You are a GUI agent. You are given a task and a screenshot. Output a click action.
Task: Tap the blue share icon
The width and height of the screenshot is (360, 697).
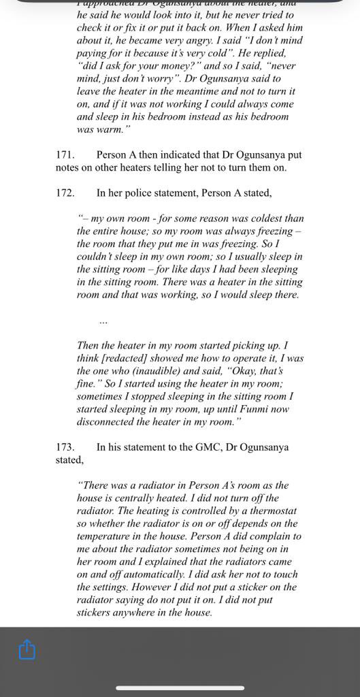point(27,649)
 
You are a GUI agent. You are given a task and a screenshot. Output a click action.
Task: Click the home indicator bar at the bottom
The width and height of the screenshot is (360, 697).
point(180,687)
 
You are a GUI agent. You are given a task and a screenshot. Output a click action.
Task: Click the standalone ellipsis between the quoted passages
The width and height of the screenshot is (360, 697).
point(103,320)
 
